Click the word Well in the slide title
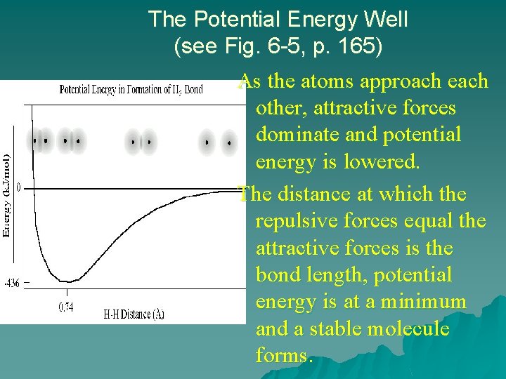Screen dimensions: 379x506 coord(382,19)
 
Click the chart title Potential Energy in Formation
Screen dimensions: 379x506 coord(131,89)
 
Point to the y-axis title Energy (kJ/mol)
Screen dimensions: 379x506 coord(6,195)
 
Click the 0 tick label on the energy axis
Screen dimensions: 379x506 coord(18,188)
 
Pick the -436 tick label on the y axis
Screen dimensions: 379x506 coord(11,284)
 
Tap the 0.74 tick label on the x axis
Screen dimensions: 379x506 coord(66,307)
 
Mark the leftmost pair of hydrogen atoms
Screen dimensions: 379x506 coord(40,140)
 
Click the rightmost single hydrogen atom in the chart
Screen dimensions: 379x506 coord(228,142)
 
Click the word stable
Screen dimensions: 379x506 coord(330,328)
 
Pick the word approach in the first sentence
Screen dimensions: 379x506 coord(399,82)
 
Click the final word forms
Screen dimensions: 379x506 coord(281,356)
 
